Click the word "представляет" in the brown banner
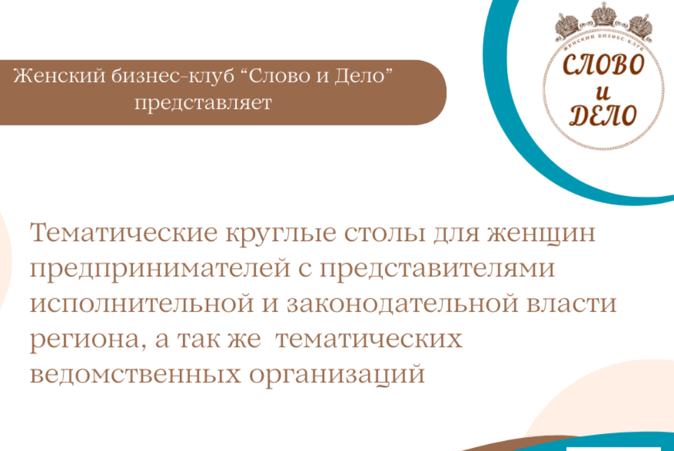(x=203, y=103)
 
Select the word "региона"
(x=76, y=341)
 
